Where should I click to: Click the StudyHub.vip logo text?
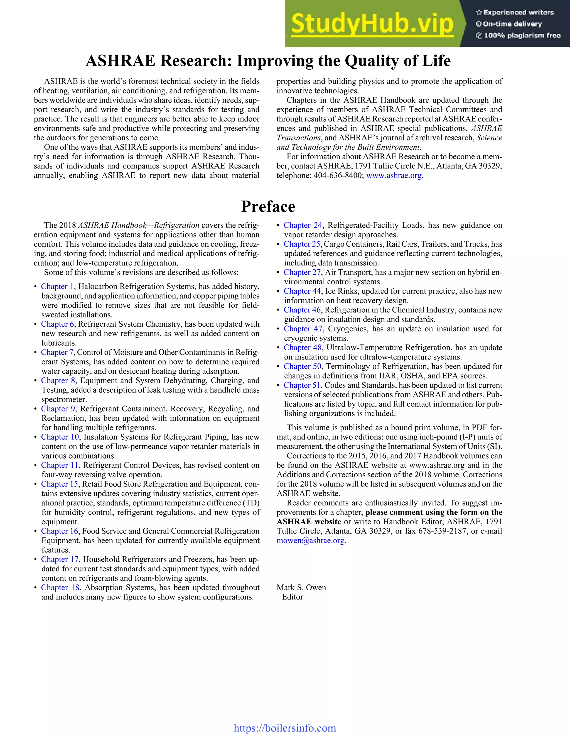click(x=372, y=23)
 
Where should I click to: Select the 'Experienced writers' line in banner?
click(x=515, y=13)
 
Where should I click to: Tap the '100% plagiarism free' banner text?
click(x=518, y=35)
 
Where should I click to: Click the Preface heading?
click(x=268, y=206)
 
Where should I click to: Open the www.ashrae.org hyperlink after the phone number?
click(x=394, y=175)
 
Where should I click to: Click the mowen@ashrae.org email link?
click(x=310, y=540)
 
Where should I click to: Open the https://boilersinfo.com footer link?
click(x=285, y=728)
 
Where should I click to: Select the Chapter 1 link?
click(x=57, y=286)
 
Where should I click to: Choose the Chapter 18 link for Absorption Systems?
click(x=60, y=588)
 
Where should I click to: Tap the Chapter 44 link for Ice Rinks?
click(x=302, y=291)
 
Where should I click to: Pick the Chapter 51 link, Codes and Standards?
click(x=302, y=385)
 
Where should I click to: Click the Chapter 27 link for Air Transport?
click(x=302, y=272)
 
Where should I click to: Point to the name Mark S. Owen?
click(x=301, y=588)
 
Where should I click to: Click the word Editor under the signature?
click(x=292, y=597)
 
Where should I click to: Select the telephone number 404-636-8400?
click(x=338, y=175)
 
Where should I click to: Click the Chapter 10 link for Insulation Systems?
click(x=60, y=437)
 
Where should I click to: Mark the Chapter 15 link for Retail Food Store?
click(x=60, y=484)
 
